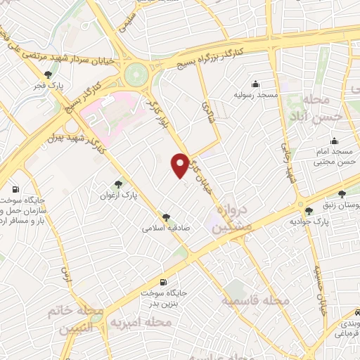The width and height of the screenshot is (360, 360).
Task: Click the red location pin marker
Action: pos(180,165)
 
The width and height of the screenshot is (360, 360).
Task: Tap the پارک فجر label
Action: pos(48,86)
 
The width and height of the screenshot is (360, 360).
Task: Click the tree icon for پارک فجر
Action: pos(48,73)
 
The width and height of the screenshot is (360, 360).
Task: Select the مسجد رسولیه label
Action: pos(257,94)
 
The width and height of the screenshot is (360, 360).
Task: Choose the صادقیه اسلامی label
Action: pos(162,228)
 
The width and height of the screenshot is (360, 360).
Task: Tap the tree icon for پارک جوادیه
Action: pos(309,212)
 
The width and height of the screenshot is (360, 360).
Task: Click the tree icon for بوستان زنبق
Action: pos(342,194)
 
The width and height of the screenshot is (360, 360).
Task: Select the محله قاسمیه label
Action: pos(255,300)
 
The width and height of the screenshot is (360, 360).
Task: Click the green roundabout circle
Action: pos(138,73)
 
